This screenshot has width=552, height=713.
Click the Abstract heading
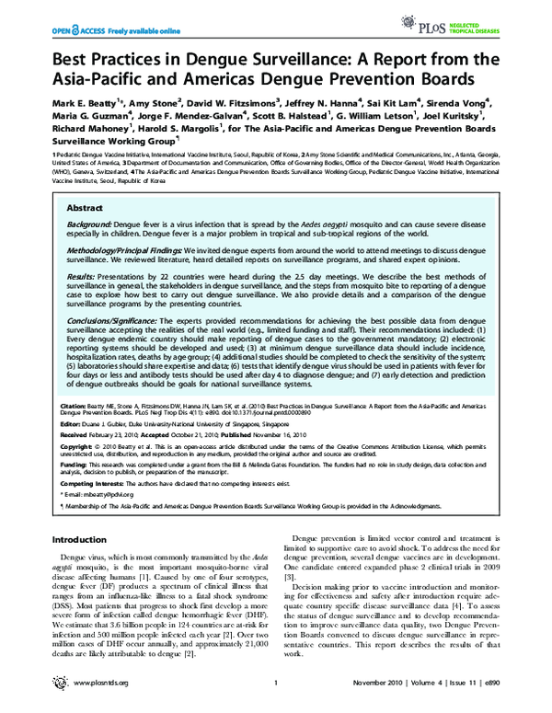tap(86, 209)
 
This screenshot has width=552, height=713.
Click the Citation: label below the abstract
tap(74, 404)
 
